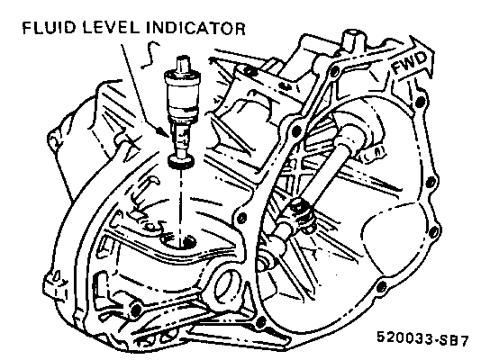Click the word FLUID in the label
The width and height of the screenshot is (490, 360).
coord(49,28)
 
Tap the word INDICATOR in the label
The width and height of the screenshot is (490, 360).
coord(195,28)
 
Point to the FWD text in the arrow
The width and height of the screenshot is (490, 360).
coord(409,62)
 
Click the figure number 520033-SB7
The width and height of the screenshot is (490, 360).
coord(422,338)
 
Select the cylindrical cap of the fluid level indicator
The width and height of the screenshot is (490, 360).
coord(182,94)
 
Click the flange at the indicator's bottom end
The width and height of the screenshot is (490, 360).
coord(181,161)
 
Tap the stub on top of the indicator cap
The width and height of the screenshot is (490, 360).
coord(183,64)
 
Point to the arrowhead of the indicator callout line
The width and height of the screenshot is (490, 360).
coord(165,132)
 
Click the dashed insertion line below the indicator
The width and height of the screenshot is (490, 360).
coord(181,202)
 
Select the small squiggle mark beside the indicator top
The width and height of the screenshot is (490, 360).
coord(150,55)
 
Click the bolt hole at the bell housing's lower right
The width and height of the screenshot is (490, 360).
coord(382,286)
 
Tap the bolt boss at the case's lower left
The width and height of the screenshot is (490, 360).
coord(136,310)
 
